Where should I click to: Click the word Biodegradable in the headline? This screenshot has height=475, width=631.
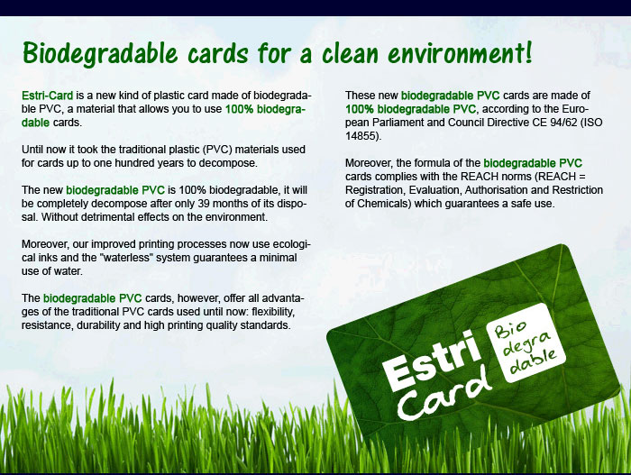(x=100, y=53)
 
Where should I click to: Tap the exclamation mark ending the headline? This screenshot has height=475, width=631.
(x=528, y=51)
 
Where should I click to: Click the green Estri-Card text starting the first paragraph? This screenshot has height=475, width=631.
(x=48, y=96)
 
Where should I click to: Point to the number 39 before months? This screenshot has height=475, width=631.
(x=204, y=204)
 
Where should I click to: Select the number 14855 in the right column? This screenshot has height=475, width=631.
(x=361, y=136)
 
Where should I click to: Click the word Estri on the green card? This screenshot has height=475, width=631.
(x=432, y=360)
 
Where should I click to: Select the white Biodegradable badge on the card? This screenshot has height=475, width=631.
(x=526, y=343)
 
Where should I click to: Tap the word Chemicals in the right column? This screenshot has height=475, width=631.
(x=384, y=204)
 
